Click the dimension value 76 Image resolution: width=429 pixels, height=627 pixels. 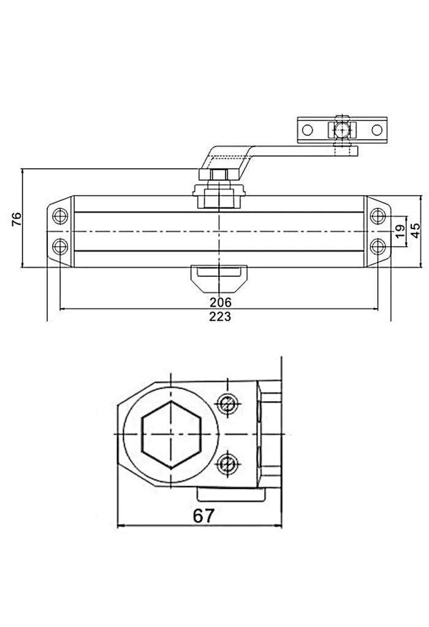click(x=17, y=220)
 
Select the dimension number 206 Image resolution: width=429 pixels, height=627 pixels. click(x=221, y=302)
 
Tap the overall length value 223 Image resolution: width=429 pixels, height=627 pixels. click(x=220, y=317)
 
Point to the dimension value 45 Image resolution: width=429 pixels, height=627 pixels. click(x=416, y=231)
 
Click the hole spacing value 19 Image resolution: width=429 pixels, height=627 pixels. click(x=400, y=231)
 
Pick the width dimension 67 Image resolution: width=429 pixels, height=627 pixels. click(x=203, y=516)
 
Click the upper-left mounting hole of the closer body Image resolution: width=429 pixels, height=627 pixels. click(x=60, y=216)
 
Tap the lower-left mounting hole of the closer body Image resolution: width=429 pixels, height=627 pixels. click(x=60, y=246)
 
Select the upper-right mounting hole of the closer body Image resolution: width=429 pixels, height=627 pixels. click(x=378, y=216)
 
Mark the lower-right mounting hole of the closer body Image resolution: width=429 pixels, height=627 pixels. click(x=378, y=246)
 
